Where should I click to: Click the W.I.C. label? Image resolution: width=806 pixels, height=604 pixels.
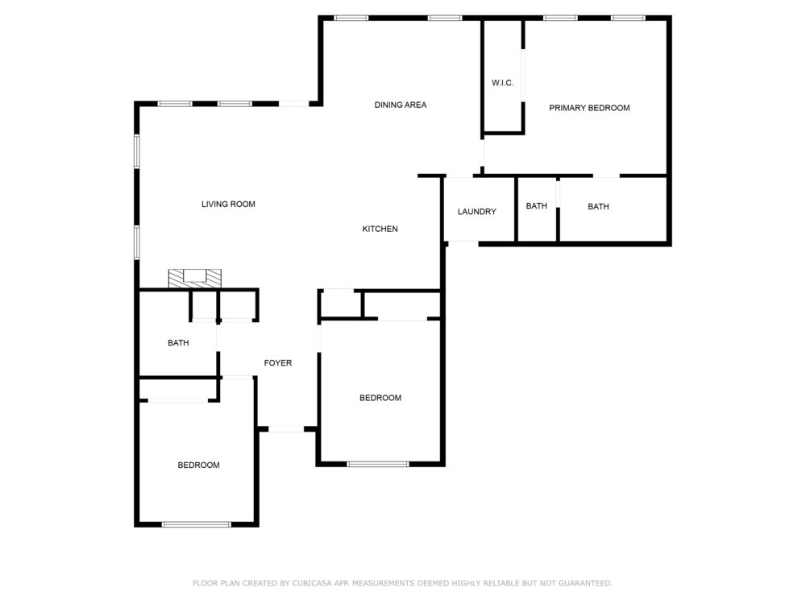point(502,83)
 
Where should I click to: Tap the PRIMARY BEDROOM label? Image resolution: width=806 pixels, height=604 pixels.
point(589,108)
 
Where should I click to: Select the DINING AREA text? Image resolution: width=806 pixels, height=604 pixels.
point(401,105)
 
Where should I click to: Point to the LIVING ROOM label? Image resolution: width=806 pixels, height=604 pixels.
point(228,204)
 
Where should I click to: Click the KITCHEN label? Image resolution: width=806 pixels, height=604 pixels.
point(380,229)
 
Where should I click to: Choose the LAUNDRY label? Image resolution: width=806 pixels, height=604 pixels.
point(477,212)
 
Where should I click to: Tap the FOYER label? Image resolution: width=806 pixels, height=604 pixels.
point(278,363)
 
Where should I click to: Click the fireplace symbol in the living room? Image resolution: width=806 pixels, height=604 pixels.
point(195,279)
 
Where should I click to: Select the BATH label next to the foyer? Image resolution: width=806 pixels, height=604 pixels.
point(178,343)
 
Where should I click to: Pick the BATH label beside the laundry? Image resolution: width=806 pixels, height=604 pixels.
point(536,206)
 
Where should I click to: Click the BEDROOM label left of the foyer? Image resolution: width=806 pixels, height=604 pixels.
point(198,465)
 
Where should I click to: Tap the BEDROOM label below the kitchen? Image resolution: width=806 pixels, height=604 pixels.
point(380,398)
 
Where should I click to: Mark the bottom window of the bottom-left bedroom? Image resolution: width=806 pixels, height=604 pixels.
point(197,524)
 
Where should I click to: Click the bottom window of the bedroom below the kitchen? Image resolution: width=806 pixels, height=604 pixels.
point(378,465)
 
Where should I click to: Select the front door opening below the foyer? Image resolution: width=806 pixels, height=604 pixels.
point(286,429)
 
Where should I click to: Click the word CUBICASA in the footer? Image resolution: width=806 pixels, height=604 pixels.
point(313,583)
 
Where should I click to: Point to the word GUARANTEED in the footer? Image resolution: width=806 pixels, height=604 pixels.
point(585,583)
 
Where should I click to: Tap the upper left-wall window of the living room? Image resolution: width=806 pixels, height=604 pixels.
point(137,151)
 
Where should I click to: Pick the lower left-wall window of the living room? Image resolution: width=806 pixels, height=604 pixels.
point(137,242)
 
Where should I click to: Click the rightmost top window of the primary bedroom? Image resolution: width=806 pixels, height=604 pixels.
point(628,18)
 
